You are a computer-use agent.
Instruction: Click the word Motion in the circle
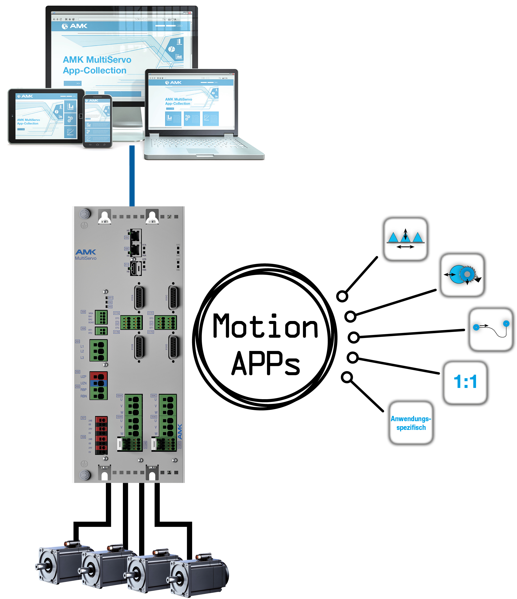tap(265, 327)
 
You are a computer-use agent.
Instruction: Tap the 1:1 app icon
tap(465, 382)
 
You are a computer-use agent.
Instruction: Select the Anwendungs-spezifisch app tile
tap(411, 423)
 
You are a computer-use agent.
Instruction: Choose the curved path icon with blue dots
tap(491, 329)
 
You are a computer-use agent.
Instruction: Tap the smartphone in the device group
tap(97, 121)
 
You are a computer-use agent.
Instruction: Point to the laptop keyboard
tap(197, 143)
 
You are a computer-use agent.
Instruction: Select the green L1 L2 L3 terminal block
tap(99, 350)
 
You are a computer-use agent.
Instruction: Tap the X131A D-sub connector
tap(139, 298)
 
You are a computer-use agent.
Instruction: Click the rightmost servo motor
tap(199, 575)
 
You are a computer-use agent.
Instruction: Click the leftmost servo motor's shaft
tap(39, 566)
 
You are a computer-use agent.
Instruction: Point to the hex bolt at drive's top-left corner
tap(85, 214)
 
